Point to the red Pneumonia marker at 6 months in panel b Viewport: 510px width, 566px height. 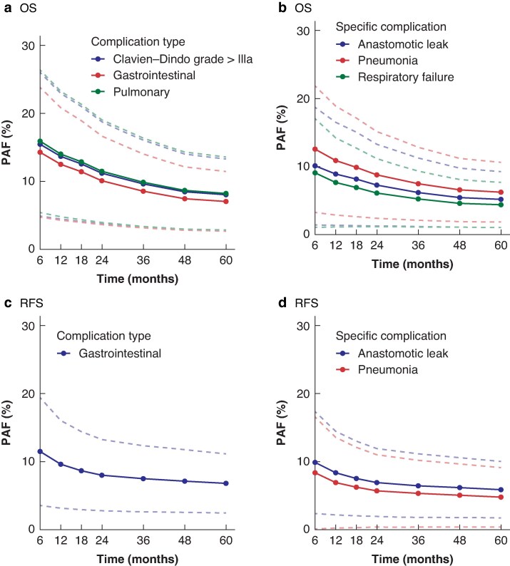315,149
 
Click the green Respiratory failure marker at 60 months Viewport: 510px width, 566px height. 501,205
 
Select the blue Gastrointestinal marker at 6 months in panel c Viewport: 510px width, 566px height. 40,451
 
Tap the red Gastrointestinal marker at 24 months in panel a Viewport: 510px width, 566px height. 102,180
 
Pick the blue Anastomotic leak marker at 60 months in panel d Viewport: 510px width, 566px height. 501,490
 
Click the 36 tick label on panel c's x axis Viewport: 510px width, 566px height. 143,540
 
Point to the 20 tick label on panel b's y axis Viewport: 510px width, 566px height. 303,98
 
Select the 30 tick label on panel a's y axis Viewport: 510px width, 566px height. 28,46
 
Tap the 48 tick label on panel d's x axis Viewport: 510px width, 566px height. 459,540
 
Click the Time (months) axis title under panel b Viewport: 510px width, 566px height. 412,264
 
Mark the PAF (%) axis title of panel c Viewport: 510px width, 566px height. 6,422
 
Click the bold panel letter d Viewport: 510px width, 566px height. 282,302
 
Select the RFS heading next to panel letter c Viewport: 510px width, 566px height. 31,303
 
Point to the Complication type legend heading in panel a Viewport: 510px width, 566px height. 138,42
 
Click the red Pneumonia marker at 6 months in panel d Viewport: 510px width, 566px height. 315,473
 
